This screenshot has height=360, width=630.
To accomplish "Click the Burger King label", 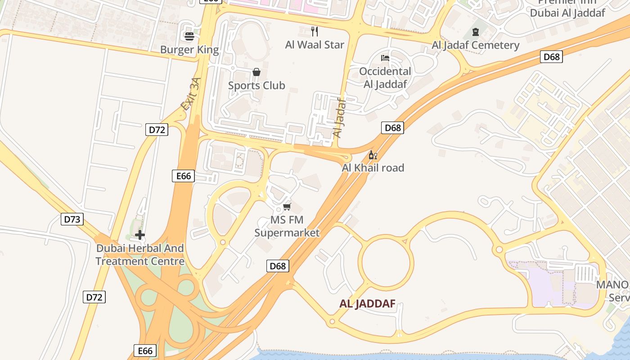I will pyautogui.click(x=189, y=49).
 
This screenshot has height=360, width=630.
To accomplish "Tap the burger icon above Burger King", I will pyautogui.click(x=189, y=36).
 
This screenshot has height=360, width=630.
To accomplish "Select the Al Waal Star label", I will pyautogui.click(x=315, y=45).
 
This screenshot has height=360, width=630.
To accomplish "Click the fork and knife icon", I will pyautogui.click(x=315, y=31).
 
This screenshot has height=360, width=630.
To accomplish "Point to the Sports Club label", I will pyautogui.click(x=256, y=85).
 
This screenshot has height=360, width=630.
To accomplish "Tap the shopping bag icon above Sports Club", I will pyautogui.click(x=256, y=72).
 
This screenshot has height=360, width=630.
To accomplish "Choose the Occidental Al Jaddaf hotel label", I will pyautogui.click(x=385, y=77).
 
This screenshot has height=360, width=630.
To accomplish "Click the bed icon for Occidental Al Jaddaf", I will pyautogui.click(x=385, y=58).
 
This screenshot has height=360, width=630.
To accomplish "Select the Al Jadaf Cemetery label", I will pyautogui.click(x=476, y=45).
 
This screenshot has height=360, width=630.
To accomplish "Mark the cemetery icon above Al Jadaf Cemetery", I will pyautogui.click(x=476, y=31).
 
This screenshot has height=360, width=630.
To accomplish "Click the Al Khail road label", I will pyautogui.click(x=373, y=168).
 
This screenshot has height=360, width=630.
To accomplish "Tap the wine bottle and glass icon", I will pyautogui.click(x=373, y=155).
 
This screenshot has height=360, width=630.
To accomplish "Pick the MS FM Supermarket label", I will pyautogui.click(x=287, y=226).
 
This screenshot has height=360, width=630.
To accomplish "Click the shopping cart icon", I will pyautogui.click(x=287, y=207).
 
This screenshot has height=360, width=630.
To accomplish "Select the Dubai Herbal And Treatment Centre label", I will pyautogui.click(x=140, y=255).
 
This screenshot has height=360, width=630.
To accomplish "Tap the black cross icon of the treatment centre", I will pyautogui.click(x=140, y=234).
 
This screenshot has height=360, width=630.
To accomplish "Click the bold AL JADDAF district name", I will pyautogui.click(x=367, y=304).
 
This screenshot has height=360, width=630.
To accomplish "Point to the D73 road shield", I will pyautogui.click(x=72, y=220).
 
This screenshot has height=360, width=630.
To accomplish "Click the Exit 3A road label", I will pyautogui.click(x=190, y=94).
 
